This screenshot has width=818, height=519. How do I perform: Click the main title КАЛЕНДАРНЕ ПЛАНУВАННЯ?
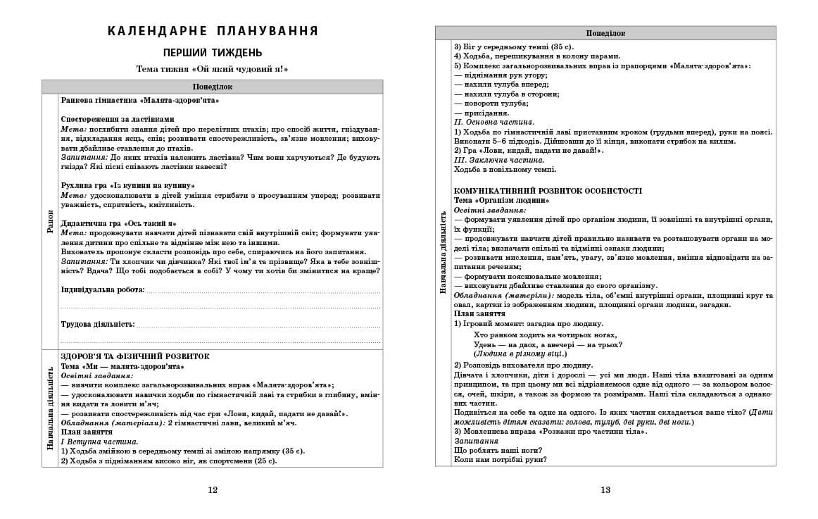[x=213, y=31]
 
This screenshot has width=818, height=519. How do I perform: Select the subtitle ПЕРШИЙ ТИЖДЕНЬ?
[x=213, y=53]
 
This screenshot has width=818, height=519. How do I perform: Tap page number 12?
[x=213, y=491]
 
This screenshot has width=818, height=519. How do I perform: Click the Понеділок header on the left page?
[x=213, y=87]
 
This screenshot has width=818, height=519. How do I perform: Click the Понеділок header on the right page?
[x=605, y=33]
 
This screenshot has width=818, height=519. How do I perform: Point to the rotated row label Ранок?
[x=50, y=221]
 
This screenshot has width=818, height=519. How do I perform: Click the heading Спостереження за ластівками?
[x=117, y=119]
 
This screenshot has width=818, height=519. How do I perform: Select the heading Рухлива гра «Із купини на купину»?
[x=127, y=185]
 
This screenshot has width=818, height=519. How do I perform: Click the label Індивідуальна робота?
[x=103, y=289]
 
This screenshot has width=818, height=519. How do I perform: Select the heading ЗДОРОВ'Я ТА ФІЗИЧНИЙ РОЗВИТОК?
[x=135, y=356]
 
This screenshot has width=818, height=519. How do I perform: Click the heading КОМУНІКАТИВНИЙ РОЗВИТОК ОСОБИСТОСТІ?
[x=548, y=191]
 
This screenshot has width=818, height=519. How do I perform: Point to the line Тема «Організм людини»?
[x=501, y=200]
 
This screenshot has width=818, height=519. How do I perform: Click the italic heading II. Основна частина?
[x=494, y=122]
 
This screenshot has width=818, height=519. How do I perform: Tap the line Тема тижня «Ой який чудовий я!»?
[x=213, y=69]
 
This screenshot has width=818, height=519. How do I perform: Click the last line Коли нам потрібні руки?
[x=500, y=460]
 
